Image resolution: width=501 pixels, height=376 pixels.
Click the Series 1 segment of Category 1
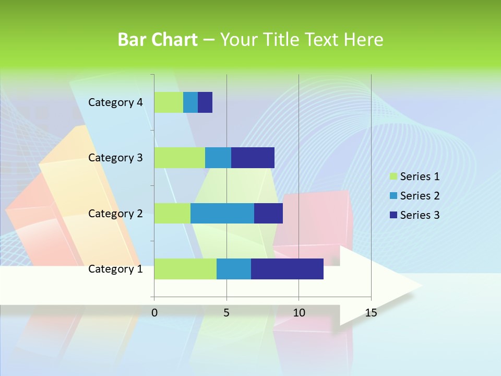pyautogui.click(x=185, y=268)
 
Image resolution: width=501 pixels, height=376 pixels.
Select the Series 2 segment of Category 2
pyautogui.click(x=222, y=213)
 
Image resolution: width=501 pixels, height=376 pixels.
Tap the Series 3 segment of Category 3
pyautogui.click(x=253, y=158)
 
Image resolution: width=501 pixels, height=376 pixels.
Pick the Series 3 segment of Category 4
pyautogui.click(x=205, y=102)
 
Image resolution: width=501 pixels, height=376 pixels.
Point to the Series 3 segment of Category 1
pyautogui.click(x=287, y=268)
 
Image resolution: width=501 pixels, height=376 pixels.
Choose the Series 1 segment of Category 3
pyautogui.click(x=180, y=158)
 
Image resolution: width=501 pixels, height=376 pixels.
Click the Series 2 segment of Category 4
pyautogui.click(x=190, y=102)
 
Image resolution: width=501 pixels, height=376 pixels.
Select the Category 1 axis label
pyautogui.click(x=115, y=269)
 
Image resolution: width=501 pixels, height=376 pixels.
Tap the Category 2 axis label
pyautogui.click(x=115, y=214)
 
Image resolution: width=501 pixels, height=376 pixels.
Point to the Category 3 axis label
pyautogui.click(x=115, y=158)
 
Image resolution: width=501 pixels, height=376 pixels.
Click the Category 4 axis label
pyautogui.click(x=115, y=102)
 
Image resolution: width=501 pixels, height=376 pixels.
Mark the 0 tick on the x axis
pyautogui.click(x=154, y=313)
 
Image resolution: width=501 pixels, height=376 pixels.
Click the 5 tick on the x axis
pyautogui.click(x=226, y=313)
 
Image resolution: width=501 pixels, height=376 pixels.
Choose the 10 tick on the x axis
pyautogui.click(x=299, y=313)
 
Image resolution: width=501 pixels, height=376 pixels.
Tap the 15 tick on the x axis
pyautogui.click(x=371, y=313)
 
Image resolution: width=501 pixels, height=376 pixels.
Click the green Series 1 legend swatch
pyautogui.click(x=393, y=177)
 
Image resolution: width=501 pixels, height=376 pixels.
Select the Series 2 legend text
pyautogui.click(x=420, y=196)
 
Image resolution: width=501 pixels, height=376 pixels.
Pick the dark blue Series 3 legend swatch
pyautogui.click(x=393, y=215)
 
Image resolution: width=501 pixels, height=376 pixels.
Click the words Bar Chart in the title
pyautogui.click(x=157, y=40)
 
